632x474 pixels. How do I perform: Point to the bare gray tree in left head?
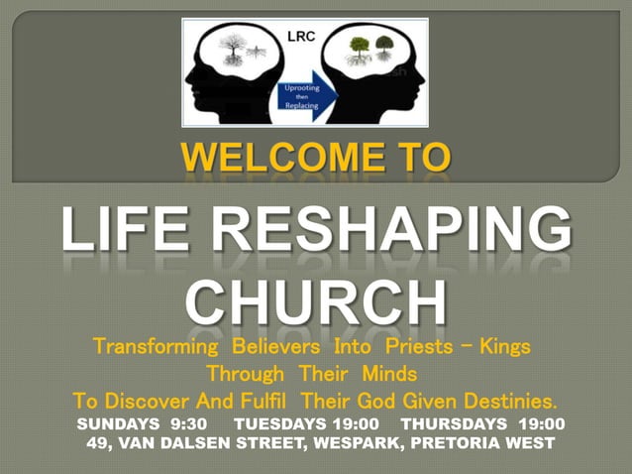[x=235, y=50]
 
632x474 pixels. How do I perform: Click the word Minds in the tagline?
[x=382, y=375]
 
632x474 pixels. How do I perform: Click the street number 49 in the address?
[x=96, y=442]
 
